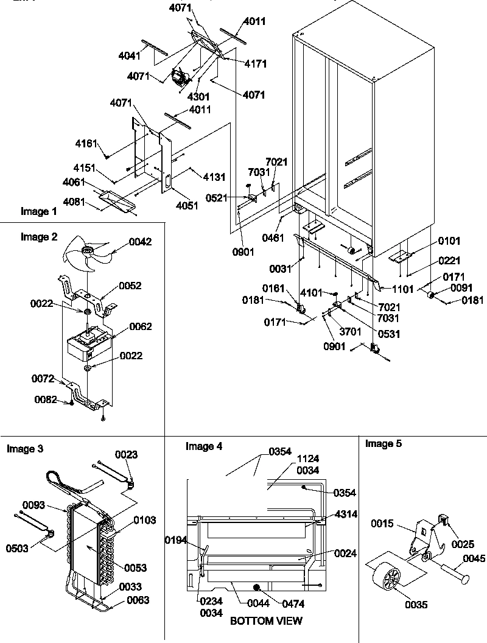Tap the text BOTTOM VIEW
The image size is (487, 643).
[x=266, y=621]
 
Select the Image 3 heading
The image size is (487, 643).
[x=25, y=449]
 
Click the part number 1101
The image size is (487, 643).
[x=403, y=289]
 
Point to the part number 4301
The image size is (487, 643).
[x=199, y=96]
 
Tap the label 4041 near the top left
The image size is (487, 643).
[x=130, y=56]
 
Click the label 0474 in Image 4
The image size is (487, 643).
[x=291, y=603]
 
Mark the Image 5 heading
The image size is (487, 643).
[x=383, y=444]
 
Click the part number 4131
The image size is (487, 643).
[x=214, y=177]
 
